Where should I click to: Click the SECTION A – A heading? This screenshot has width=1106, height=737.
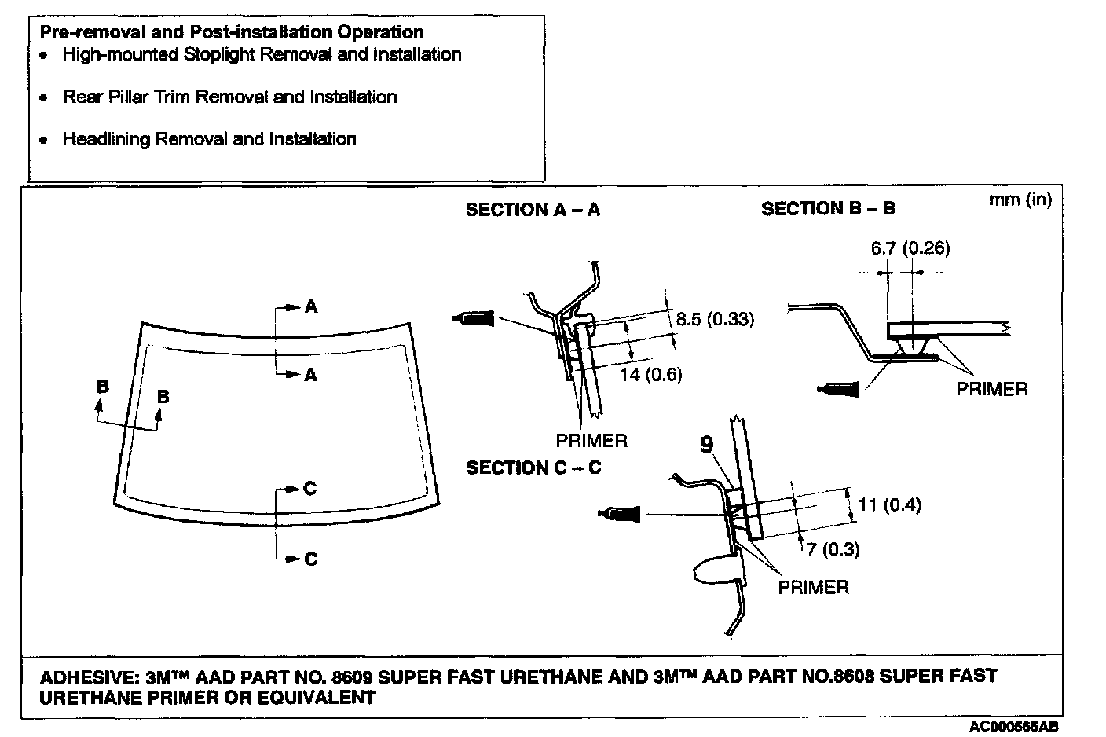533,210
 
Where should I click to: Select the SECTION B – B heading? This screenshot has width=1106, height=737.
828,209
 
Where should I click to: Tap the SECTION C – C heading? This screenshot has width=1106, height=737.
533,467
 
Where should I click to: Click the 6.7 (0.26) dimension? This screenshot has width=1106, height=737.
910,249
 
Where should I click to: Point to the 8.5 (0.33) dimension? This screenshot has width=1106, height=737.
714,319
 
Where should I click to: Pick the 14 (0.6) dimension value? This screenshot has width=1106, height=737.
650,375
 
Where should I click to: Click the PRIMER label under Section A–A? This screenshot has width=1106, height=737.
591,441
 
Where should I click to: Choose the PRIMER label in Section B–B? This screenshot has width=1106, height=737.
991,389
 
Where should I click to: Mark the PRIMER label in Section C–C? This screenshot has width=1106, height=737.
813,587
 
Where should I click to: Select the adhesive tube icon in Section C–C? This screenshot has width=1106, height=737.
620,515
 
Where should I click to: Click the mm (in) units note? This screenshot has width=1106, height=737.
1020,200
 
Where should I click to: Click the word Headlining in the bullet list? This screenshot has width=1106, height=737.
106,139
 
